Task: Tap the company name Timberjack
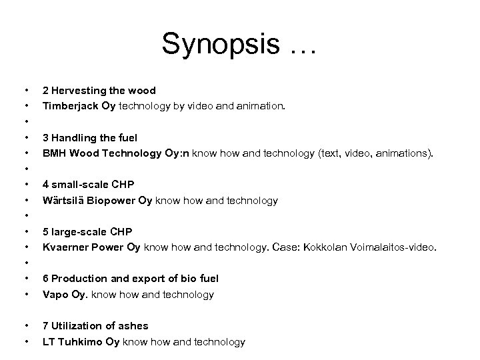[68, 105]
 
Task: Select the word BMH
[54, 153]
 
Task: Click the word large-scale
[80, 232]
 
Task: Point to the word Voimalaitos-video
[396, 247]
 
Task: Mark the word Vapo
[54, 294]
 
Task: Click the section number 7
[45, 326]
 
